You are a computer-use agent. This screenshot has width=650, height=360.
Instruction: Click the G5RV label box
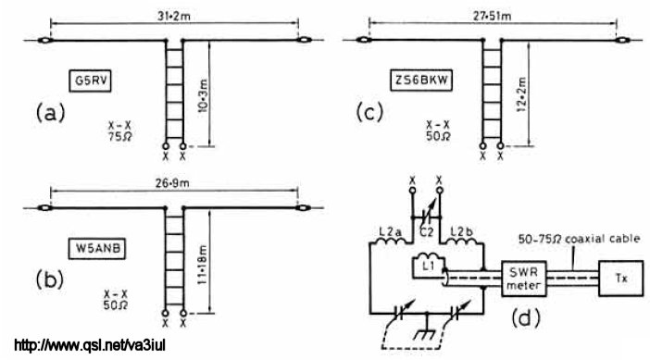pos(90,81)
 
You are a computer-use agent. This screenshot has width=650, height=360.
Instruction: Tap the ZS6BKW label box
pos(421,80)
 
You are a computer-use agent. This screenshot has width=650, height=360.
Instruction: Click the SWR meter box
pos(523,279)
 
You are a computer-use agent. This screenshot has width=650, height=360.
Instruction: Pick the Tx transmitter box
pos(621,279)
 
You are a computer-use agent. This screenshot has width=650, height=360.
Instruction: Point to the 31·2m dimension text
pos(174,17)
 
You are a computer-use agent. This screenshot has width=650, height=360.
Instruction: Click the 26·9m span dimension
pos(173,183)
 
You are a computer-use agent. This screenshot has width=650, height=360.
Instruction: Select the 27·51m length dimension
pos(493,16)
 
